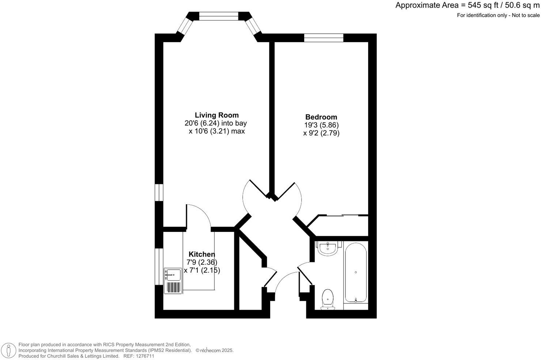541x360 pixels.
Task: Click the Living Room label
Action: click(x=216, y=115)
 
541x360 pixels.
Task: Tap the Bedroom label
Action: click(x=321, y=117)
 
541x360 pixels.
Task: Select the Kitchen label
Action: click(x=202, y=254)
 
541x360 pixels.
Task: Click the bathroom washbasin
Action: click(x=328, y=248)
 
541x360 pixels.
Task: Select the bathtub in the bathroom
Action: click(x=356, y=273)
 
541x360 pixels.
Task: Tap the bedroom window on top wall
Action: click(x=324, y=38)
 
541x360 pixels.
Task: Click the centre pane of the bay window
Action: click(x=219, y=16)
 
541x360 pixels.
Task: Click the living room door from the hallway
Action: click(x=254, y=198)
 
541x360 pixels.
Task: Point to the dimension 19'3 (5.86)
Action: click(x=321, y=125)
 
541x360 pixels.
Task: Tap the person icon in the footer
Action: click(x=8, y=350)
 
